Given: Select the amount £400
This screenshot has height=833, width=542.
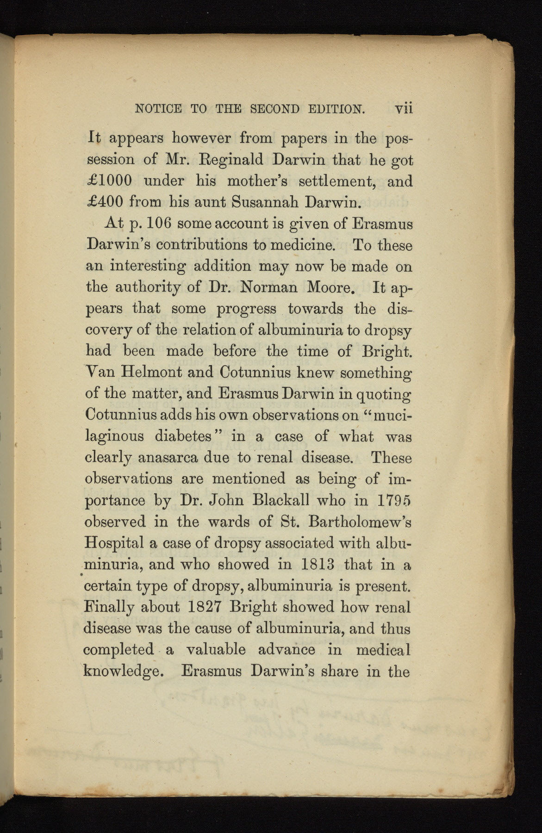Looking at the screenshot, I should (x=105, y=201).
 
